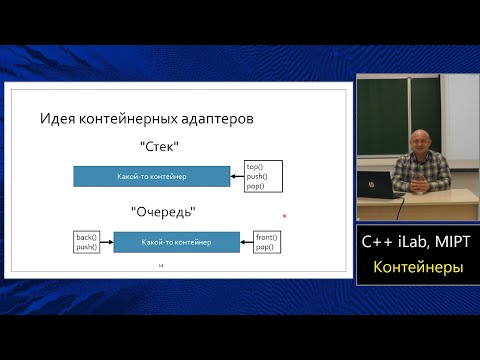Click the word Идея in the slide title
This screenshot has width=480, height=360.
click(x=57, y=119)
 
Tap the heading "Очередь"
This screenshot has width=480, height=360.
click(x=162, y=211)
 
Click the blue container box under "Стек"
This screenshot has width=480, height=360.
click(x=152, y=176)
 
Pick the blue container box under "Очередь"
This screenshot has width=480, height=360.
click(x=176, y=242)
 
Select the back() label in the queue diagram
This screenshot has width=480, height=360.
click(x=86, y=237)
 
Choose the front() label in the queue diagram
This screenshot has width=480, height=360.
click(x=266, y=237)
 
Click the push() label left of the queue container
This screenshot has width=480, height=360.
click(x=86, y=246)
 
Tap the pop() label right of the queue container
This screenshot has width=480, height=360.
click(x=264, y=246)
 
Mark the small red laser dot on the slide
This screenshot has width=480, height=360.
click(x=285, y=215)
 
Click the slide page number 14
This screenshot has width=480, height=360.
click(x=160, y=267)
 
